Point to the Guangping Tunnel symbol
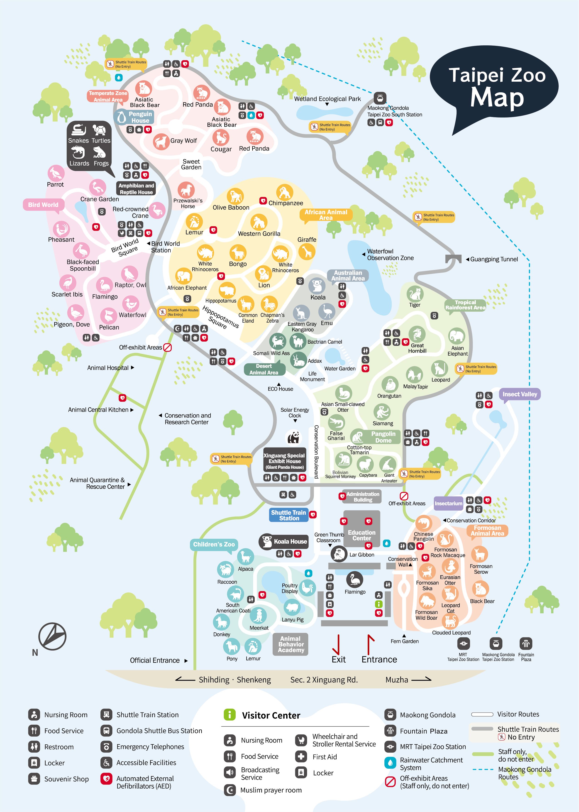453,259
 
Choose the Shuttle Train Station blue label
289,515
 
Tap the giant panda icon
293,437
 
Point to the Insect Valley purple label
519,394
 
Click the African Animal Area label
325,215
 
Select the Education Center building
362,535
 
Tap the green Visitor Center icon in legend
230,714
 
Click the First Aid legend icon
301,756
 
